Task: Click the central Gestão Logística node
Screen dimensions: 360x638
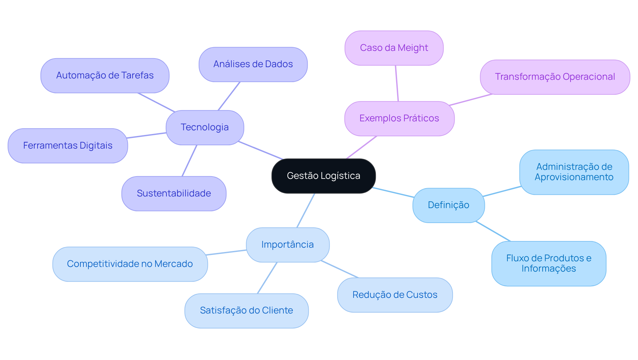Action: [323, 176]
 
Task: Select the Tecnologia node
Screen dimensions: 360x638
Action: [205, 127]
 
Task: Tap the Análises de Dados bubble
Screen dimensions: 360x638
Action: [253, 64]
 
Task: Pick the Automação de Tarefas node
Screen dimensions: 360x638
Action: [105, 75]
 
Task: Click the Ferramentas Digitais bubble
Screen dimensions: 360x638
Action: [68, 146]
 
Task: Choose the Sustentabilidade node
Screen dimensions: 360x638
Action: [174, 193]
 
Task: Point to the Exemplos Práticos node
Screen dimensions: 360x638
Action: [399, 118]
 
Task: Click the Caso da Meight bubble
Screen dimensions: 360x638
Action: [394, 48]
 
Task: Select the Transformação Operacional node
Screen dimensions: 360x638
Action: [555, 77]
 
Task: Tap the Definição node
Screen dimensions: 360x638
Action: [448, 205]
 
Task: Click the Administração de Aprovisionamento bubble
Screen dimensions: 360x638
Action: [574, 172]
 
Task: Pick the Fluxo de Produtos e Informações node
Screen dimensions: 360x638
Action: [549, 263]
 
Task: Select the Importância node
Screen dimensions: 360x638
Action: [287, 245]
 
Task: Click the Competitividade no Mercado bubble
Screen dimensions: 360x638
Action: [130, 264]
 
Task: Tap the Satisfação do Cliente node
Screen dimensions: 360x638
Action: [246, 310]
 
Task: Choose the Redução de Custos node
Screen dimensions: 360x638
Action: [395, 295]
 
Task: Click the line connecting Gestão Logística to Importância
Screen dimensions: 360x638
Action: [306, 210]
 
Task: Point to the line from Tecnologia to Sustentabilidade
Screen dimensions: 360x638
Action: [189, 161]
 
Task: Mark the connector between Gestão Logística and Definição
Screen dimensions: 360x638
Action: [393, 192]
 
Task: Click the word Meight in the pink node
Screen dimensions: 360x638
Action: [413, 48]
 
